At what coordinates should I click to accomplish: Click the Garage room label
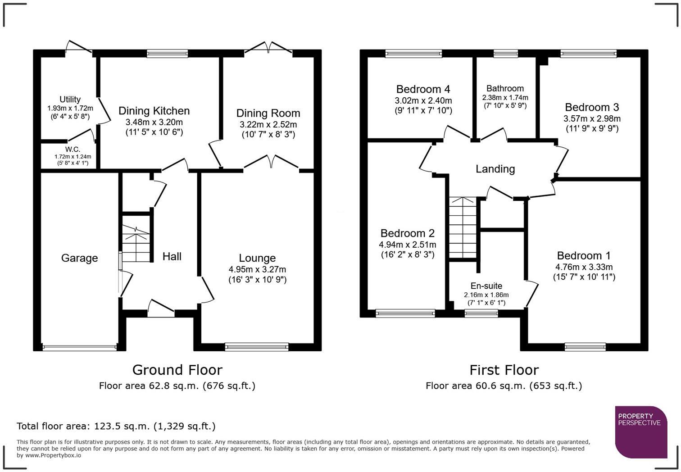click(79, 258)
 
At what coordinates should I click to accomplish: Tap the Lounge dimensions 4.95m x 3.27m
click(257, 269)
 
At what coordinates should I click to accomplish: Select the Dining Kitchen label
click(154, 111)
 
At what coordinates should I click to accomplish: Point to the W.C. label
click(73, 149)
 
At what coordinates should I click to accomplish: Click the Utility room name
click(70, 100)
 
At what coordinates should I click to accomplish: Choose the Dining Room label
click(268, 113)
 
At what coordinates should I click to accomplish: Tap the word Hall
click(172, 257)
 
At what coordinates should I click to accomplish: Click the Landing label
click(495, 169)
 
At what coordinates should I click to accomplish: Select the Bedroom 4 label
click(423, 89)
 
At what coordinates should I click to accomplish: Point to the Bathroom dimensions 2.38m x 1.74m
click(505, 98)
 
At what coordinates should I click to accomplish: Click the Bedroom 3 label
click(592, 107)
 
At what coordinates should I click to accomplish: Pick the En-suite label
click(486, 286)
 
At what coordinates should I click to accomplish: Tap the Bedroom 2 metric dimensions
click(407, 245)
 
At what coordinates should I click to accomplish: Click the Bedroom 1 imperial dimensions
click(584, 277)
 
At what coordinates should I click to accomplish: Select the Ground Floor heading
click(177, 370)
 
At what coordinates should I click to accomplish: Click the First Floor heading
click(504, 370)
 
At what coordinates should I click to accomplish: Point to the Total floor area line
click(116, 426)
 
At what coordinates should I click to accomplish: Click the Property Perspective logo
click(641, 432)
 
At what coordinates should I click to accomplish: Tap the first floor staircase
click(463, 227)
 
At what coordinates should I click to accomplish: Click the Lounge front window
click(257, 347)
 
